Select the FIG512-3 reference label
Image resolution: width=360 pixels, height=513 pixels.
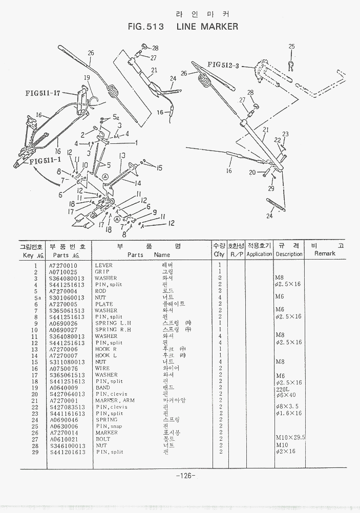point(224,65)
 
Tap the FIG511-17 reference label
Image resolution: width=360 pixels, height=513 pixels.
point(43,93)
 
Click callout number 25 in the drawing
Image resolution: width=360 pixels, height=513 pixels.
point(291,47)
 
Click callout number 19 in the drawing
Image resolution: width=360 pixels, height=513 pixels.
point(87,78)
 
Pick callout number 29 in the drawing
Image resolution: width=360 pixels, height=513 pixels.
point(271,189)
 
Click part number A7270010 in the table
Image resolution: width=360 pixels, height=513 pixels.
point(63,265)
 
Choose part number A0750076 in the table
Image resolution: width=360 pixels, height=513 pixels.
point(63,369)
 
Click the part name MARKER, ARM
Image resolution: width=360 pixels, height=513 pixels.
point(111,400)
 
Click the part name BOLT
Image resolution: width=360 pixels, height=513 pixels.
point(102,439)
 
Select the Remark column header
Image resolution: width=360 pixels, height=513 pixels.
point(325,254)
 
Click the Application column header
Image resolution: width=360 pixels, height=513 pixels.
point(259,254)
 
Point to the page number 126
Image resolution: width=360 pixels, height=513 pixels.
point(185,476)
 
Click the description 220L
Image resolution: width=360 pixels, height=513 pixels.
point(283,389)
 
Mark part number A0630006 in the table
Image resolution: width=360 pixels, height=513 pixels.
point(63,426)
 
